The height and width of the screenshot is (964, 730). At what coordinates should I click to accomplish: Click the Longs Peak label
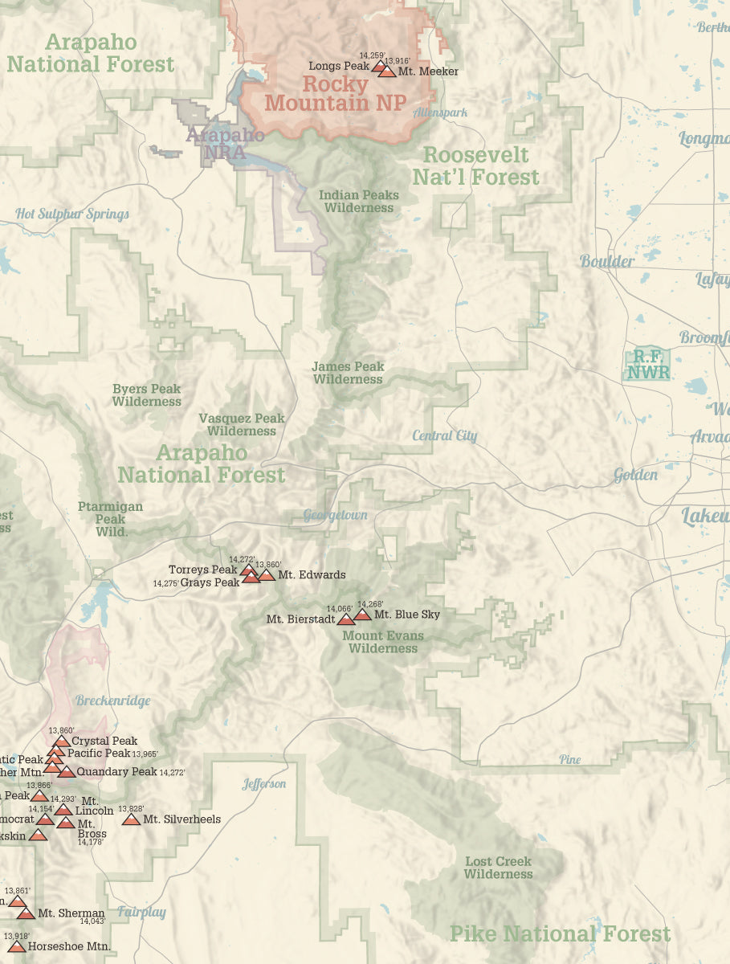click(x=338, y=66)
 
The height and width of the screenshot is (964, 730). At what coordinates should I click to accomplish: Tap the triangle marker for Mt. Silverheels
click(x=131, y=819)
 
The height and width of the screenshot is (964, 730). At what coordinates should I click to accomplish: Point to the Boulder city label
click(x=607, y=261)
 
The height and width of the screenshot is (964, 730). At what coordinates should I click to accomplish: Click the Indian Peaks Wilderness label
click(x=358, y=201)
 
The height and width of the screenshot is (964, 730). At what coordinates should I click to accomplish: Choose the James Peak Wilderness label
click(x=348, y=373)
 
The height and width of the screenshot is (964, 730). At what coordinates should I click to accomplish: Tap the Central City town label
click(x=444, y=436)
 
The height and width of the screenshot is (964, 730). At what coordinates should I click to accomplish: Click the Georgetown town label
click(x=335, y=515)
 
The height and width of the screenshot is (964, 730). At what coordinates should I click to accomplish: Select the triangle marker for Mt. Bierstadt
click(x=346, y=619)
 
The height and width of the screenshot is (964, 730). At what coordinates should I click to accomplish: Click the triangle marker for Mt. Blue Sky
click(x=362, y=615)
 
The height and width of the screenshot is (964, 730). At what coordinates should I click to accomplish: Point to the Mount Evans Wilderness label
click(x=383, y=642)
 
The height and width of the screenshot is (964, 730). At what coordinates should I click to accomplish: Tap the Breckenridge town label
click(x=113, y=701)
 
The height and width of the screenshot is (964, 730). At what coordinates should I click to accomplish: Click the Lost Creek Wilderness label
click(x=498, y=868)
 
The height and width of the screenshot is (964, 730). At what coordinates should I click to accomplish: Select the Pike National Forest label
click(x=560, y=934)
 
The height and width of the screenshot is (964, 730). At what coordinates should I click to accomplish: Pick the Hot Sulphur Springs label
click(x=72, y=214)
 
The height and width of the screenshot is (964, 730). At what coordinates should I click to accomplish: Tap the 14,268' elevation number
click(x=370, y=604)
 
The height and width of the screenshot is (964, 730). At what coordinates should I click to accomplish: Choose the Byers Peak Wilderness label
click(x=146, y=394)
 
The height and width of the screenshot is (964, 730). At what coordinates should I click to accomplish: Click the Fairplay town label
click(x=141, y=912)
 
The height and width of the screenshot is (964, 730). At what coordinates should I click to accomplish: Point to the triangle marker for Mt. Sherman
click(x=27, y=913)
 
